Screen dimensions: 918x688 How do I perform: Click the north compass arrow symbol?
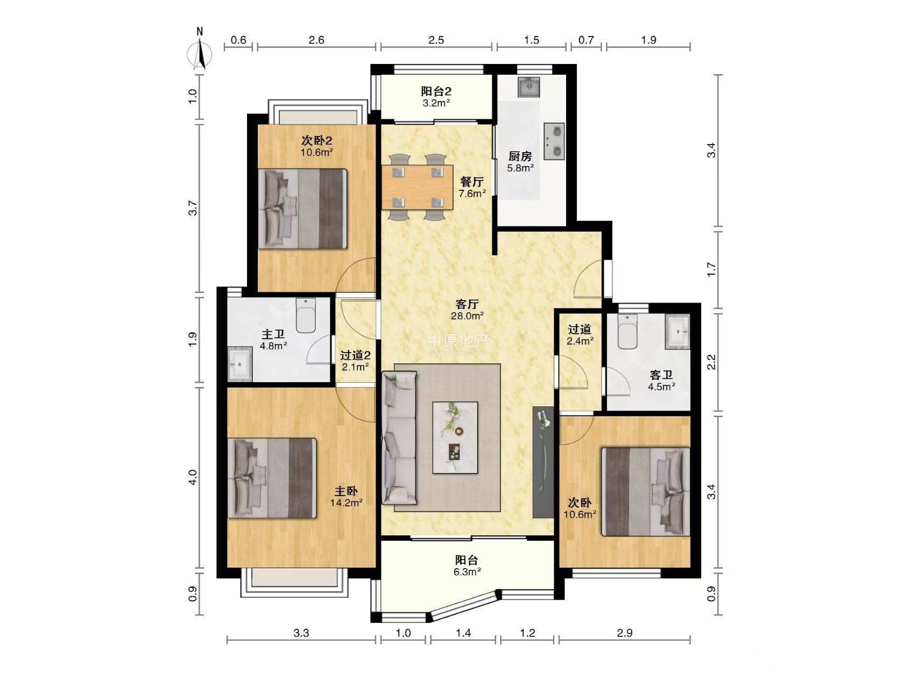(x=200, y=54)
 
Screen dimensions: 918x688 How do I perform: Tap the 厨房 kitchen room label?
(x=520, y=156)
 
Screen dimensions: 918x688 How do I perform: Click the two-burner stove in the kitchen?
(x=554, y=141)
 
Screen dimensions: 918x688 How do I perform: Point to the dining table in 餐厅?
(x=418, y=187)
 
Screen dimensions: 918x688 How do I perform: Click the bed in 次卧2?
(x=302, y=209)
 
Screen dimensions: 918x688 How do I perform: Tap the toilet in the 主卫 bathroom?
(x=306, y=316)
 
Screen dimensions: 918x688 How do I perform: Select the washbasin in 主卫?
(x=239, y=364)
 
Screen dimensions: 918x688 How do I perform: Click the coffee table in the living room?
(x=455, y=438)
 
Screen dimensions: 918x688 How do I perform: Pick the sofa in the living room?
(x=399, y=438)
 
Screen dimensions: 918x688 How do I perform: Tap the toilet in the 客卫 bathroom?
(x=627, y=331)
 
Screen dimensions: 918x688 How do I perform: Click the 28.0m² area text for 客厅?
(x=467, y=316)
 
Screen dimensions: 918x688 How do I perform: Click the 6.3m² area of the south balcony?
(x=467, y=572)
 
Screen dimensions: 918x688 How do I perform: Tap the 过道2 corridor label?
(x=355, y=355)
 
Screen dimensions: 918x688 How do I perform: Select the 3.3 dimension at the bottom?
(x=301, y=633)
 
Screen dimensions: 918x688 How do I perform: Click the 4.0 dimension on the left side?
(x=193, y=477)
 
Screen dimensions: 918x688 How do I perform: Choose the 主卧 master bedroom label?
(x=346, y=491)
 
